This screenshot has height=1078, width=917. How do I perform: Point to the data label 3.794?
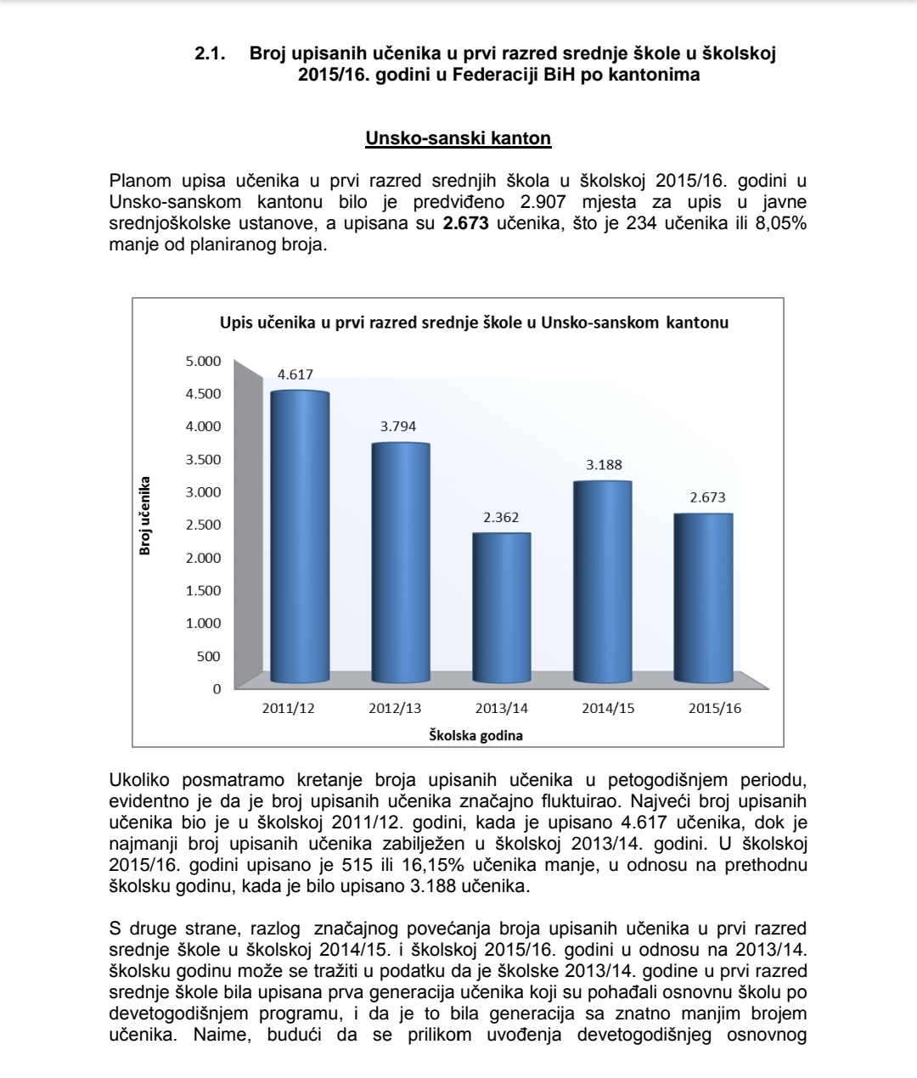(398, 426)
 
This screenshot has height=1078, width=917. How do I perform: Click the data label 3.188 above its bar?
(604, 464)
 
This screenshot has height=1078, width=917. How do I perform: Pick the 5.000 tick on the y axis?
(203, 361)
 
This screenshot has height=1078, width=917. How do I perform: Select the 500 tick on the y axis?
(209, 656)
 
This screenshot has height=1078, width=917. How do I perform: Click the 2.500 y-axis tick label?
(203, 525)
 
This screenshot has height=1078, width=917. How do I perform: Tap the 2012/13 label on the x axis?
(395, 708)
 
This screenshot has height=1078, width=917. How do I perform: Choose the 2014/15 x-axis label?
(608, 708)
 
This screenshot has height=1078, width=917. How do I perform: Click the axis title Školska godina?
(475, 735)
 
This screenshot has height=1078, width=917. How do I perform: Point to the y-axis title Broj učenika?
(145, 515)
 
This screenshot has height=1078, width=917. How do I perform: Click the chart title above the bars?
(474, 323)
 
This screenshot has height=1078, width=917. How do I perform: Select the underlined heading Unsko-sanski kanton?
(458, 138)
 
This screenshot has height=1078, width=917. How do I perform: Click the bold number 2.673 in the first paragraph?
(465, 225)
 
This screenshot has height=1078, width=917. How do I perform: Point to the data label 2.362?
(501, 517)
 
